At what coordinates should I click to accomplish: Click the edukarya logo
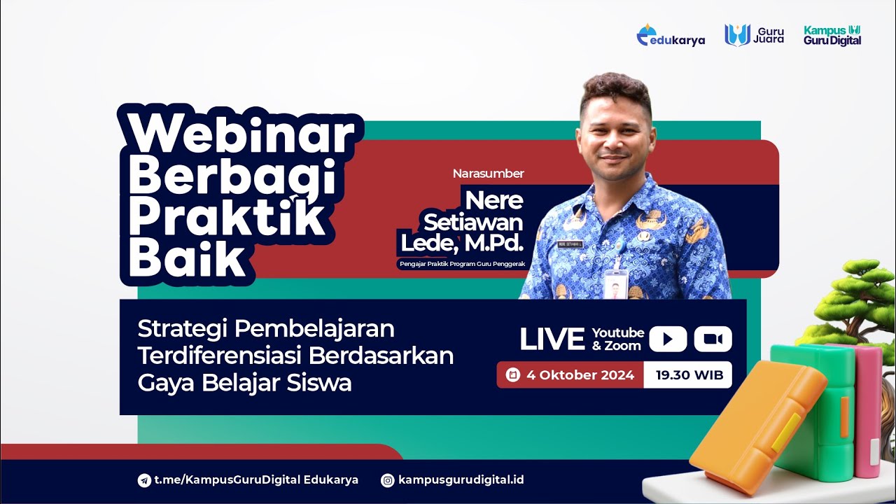coord(671,36)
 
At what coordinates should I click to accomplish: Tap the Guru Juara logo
coord(754,35)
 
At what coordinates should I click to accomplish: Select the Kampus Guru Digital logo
coord(832,35)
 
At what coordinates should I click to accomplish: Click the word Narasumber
coord(488,174)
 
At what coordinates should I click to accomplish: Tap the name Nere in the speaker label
coord(494,200)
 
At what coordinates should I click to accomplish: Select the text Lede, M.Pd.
coord(462,242)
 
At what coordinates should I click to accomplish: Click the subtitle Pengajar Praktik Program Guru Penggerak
coord(461,264)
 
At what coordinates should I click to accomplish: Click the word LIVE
coord(552,339)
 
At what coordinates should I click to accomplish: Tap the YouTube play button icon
coord(668,339)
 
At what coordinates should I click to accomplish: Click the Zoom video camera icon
coord(713,339)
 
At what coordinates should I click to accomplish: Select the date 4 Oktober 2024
coord(580,374)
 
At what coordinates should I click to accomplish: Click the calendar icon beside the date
coord(512,374)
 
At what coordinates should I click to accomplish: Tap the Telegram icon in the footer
coord(144,480)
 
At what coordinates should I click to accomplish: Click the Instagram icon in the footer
coord(387,480)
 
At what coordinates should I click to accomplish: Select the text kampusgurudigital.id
coord(461,480)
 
